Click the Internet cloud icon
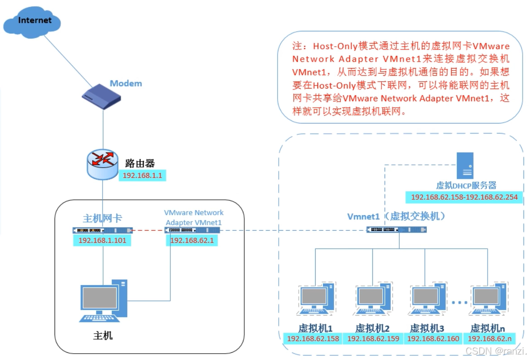coord(34,21)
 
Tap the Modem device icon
coord(101,97)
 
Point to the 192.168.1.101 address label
coord(102,240)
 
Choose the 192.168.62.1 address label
coord(192,240)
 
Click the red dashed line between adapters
coord(148,230)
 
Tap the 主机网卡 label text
coord(102,218)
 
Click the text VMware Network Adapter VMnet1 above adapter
coord(193,217)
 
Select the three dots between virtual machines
coord(459,302)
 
